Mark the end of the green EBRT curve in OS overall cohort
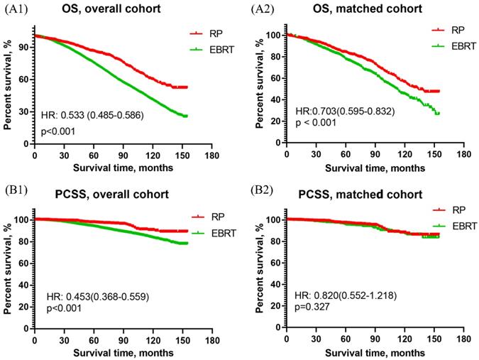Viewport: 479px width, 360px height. tap(186, 116)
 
